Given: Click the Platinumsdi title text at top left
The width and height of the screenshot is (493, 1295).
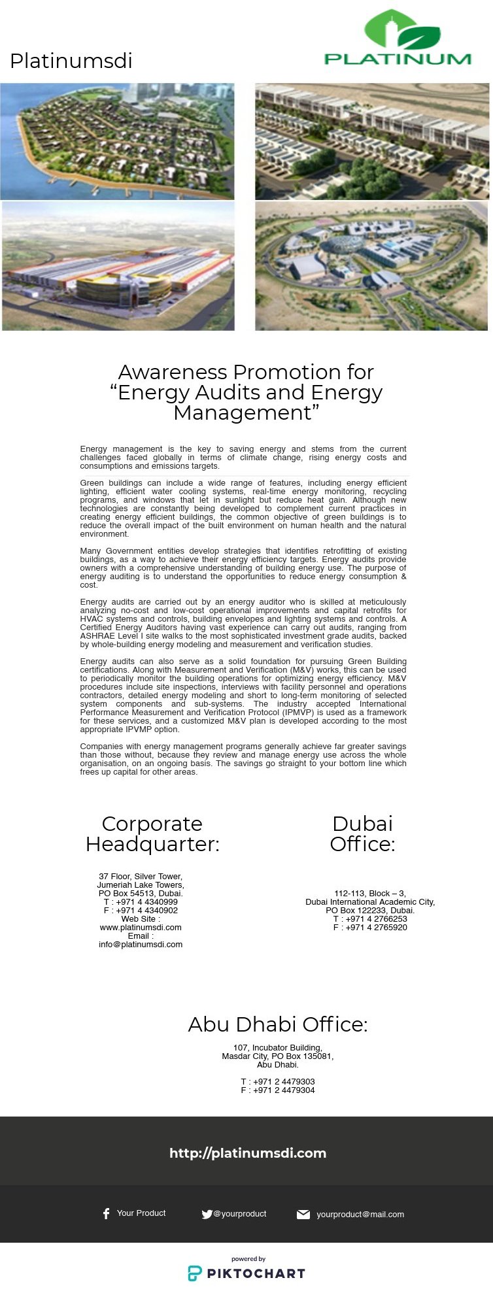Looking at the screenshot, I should [71, 61].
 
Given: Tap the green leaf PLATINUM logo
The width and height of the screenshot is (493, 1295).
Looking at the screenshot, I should [398, 39].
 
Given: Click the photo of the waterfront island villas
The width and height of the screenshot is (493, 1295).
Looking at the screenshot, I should [117, 141].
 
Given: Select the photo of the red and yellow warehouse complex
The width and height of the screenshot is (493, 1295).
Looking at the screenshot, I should [118, 266].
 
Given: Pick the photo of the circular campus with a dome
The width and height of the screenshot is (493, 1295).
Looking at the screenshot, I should [371, 266].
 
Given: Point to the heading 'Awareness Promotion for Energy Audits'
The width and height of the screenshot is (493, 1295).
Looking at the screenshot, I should [246, 392].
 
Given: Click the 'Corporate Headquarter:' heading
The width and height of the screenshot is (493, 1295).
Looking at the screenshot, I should [152, 833].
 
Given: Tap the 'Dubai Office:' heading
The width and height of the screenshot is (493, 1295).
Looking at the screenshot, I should [362, 833].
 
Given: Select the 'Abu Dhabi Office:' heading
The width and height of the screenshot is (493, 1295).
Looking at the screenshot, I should [278, 1024].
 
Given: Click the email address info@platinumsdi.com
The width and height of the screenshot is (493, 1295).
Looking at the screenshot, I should [141, 944].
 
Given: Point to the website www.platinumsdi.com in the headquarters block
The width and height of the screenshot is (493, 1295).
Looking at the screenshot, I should [141, 927].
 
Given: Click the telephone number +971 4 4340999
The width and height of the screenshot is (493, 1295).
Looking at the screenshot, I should [146, 901].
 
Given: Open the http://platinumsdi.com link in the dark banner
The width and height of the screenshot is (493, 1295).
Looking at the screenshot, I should [248, 1153].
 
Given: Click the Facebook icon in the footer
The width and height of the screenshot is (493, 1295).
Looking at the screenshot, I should [106, 1213].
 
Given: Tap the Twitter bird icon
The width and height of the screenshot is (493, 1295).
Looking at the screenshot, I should [207, 1214].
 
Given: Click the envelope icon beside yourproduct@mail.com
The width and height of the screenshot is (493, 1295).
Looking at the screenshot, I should [303, 1214].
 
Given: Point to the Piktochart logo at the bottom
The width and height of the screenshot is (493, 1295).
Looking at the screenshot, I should [246, 1273].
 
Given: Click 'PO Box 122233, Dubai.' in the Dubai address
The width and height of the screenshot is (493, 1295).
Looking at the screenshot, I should [370, 910].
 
